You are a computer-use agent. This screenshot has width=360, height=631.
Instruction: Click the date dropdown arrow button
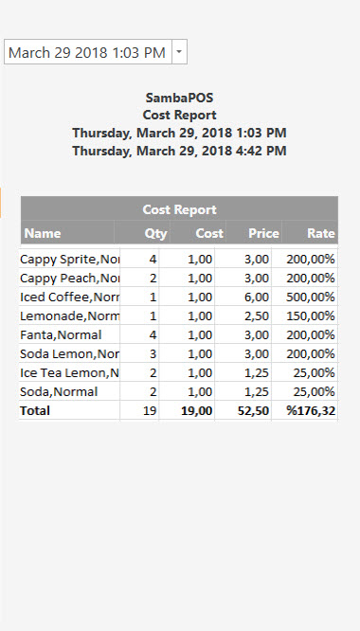pyautogui.click(x=180, y=53)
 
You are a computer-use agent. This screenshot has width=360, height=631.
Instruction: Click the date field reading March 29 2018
pyautogui.click(x=87, y=53)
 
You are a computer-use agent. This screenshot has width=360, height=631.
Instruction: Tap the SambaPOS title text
pyautogui.click(x=179, y=97)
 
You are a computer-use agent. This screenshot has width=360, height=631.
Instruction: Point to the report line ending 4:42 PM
pyautogui.click(x=179, y=151)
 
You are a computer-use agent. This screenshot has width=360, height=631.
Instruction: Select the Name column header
pyautogui.click(x=43, y=233)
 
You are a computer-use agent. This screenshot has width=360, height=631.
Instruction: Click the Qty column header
pyautogui.click(x=155, y=233)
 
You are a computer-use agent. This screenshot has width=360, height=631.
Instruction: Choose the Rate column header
pyautogui.click(x=321, y=233)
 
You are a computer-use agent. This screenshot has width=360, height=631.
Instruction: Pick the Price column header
pyautogui.click(x=263, y=233)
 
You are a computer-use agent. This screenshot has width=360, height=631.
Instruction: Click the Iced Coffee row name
pyautogui.click(x=70, y=297)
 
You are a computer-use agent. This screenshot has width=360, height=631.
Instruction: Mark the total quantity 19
pyautogui.click(x=150, y=410)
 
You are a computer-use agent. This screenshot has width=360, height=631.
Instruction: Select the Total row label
pyautogui.click(x=36, y=410)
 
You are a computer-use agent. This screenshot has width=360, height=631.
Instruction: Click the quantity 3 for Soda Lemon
pyautogui.click(x=153, y=353)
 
